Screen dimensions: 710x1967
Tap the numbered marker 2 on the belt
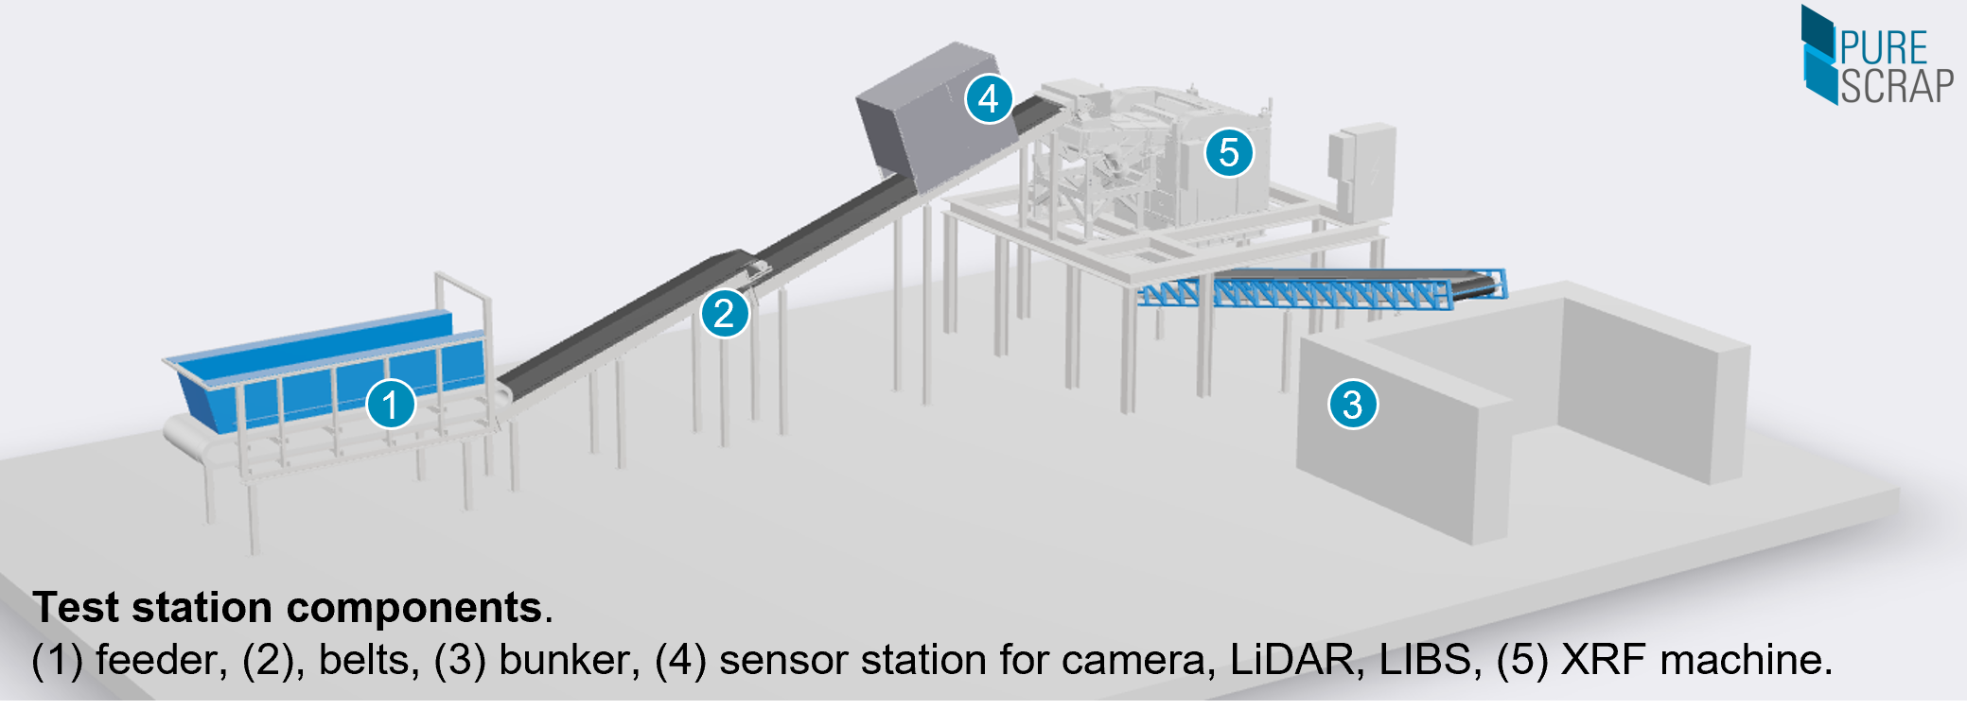coord(725,313)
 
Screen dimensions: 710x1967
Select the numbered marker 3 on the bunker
coord(1353,405)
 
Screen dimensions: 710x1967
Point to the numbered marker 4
coord(989,98)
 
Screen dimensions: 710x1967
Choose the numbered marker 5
coord(1229,152)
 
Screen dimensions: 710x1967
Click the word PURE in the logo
coord(1884,47)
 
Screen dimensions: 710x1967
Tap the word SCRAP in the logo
coord(1896,87)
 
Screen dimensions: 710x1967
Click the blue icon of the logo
coord(1818,55)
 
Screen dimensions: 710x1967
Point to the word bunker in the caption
coord(564,659)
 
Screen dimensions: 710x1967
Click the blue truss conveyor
coord(1325,291)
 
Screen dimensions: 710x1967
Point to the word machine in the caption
coord(1744,659)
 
